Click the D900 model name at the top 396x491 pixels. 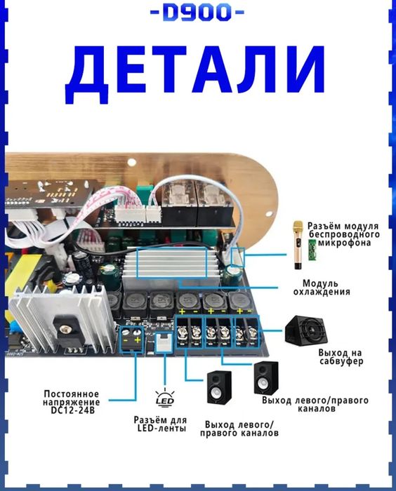click(x=197, y=13)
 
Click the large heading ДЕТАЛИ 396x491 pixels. click(x=199, y=71)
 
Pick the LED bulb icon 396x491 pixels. click(x=164, y=398)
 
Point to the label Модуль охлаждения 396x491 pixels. click(x=322, y=288)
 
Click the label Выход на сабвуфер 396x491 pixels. click(x=341, y=356)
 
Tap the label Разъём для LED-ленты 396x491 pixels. click(x=160, y=424)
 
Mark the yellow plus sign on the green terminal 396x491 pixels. click(x=137, y=341)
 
